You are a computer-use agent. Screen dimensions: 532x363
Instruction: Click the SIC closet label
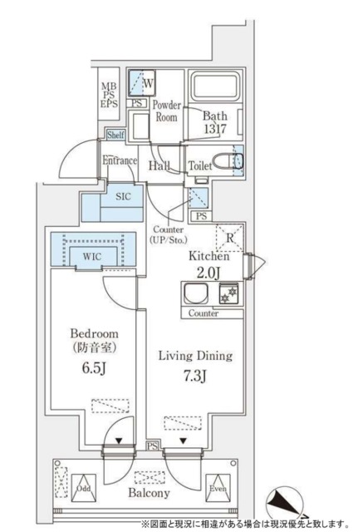tap(123, 199)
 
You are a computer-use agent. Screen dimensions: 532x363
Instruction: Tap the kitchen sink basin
tap(196, 294)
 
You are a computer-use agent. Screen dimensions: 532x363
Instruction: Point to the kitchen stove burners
tap(228, 294)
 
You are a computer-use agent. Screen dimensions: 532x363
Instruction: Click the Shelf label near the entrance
tap(115, 134)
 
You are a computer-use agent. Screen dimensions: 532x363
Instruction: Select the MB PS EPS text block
tap(108, 93)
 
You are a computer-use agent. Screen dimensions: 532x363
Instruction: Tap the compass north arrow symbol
tap(281, 504)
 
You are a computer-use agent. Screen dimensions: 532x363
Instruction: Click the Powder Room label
tap(167, 111)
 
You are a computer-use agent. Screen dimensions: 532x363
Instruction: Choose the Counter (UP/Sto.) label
tap(169, 235)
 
